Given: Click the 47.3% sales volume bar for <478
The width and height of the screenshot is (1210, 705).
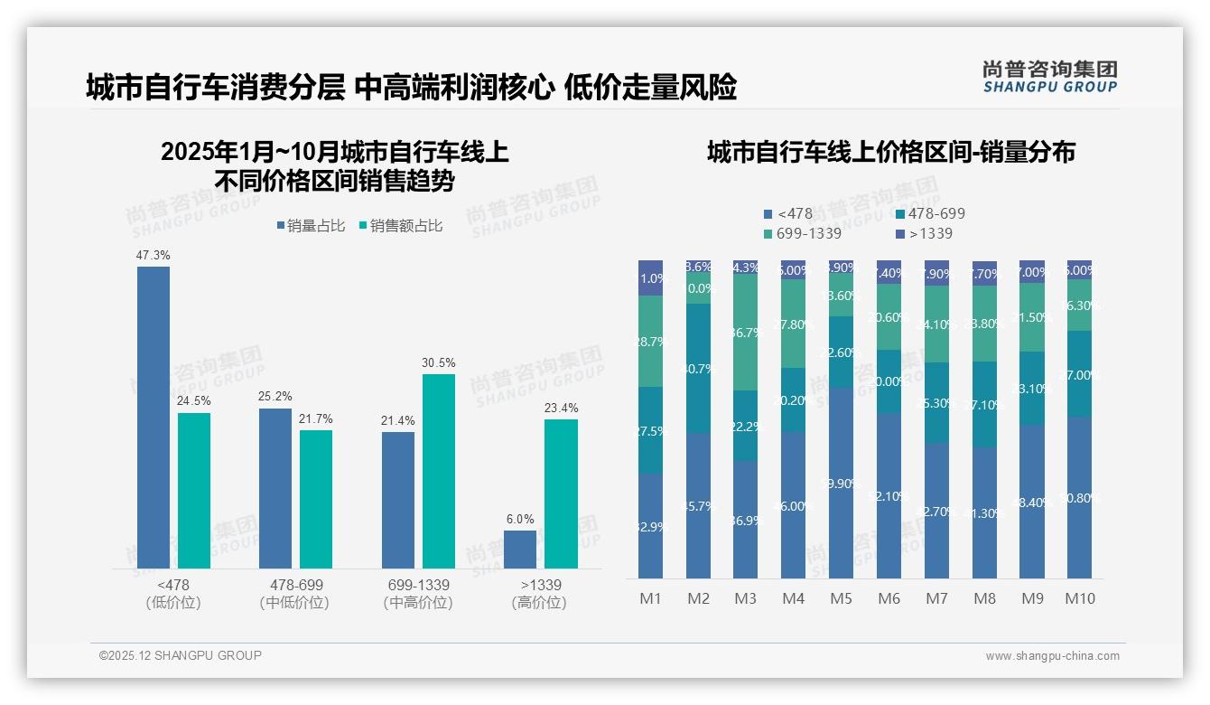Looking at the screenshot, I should pos(153,418).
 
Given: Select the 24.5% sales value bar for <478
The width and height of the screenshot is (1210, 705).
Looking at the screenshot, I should pos(193,491).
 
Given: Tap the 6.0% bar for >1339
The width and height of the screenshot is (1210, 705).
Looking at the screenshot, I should pos(520,550).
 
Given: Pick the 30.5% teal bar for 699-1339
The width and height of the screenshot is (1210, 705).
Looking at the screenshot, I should pos(438,471).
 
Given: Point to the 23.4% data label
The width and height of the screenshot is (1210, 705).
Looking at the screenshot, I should pos(561,409).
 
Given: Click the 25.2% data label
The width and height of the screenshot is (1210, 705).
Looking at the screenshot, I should pos(275,397).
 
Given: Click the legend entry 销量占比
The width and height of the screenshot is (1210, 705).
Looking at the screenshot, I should pos(310,226).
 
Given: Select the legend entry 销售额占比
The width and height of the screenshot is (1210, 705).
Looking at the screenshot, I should pos(400,226).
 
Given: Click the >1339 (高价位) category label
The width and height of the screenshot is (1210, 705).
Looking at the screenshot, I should pos(540,594).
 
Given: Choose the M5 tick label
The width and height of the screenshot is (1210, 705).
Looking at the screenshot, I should pos(841,598).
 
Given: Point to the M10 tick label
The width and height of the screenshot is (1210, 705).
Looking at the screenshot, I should pos(1079,598).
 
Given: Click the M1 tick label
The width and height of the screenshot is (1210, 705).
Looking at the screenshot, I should pos(650,598).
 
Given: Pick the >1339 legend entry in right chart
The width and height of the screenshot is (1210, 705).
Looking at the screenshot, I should pos(925,234).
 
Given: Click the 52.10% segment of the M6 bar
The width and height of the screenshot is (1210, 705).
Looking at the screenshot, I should pos(889,495).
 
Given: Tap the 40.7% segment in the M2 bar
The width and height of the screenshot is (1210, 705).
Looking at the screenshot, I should pos(698,368).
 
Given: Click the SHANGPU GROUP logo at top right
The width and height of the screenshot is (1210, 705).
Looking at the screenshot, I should pos(1049,77).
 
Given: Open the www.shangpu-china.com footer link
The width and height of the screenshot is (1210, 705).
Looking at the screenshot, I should pos(1052,656).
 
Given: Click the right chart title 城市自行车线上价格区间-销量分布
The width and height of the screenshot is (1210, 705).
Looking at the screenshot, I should pos(890,153).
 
